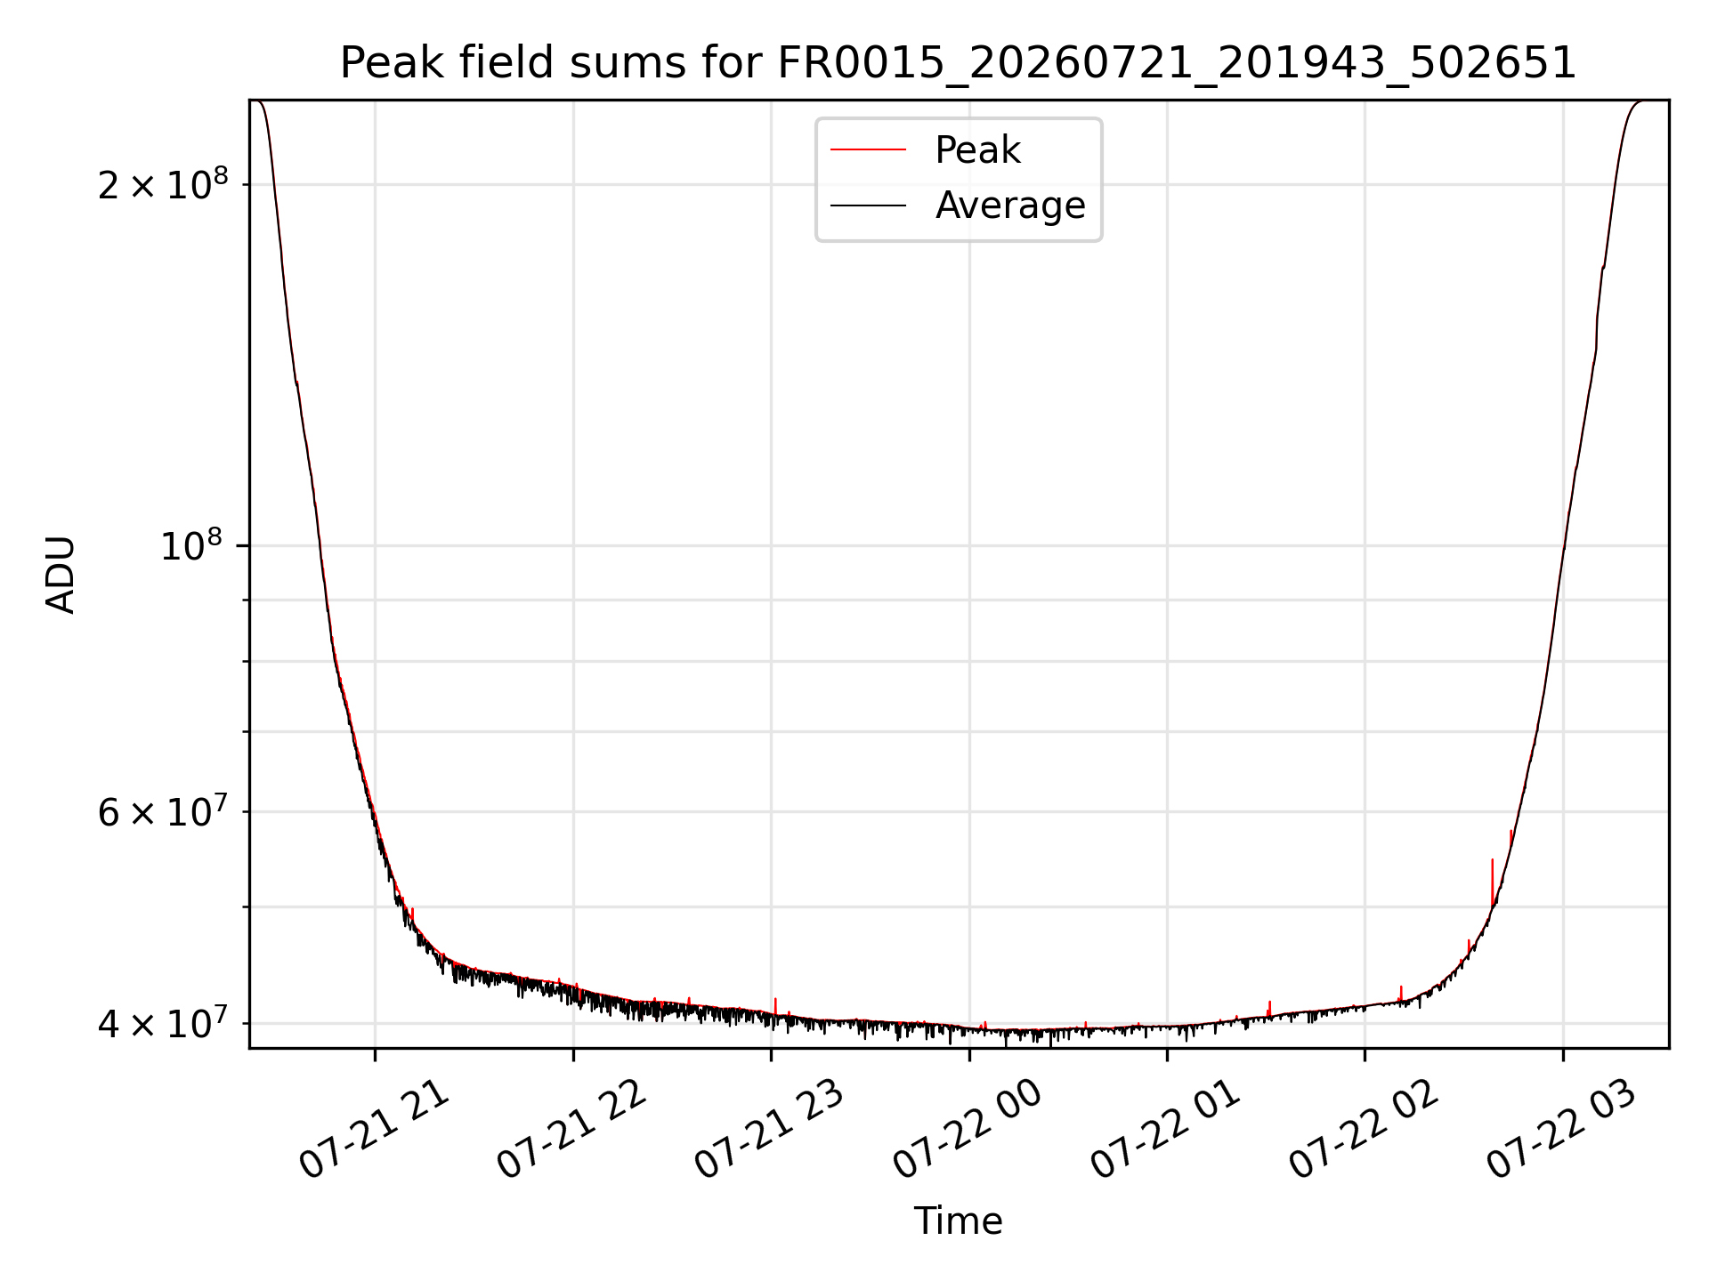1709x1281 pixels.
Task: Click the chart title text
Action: pos(958,63)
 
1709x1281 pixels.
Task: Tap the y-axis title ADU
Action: pos(61,575)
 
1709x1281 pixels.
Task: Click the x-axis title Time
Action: pos(958,1221)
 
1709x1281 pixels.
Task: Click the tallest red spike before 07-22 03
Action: pos(1492,882)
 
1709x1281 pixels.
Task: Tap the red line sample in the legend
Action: pos(868,150)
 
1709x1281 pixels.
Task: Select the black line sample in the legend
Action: pos(868,205)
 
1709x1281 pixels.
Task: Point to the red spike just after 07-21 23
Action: pos(775,1006)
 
